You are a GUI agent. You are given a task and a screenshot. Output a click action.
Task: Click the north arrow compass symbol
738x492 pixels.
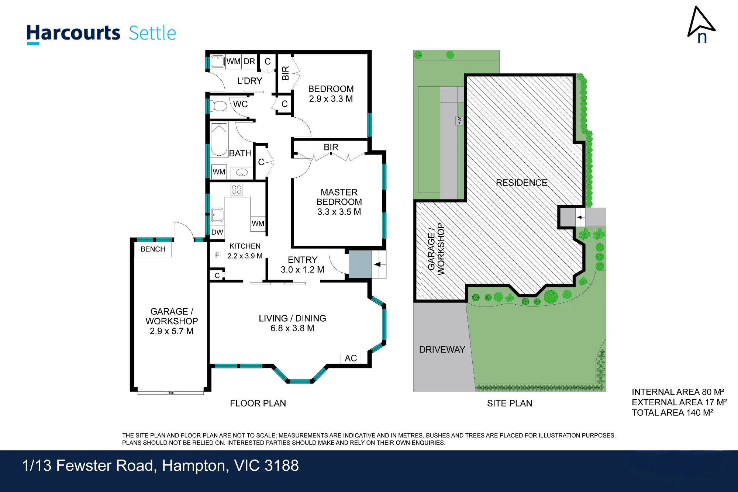click(701, 24)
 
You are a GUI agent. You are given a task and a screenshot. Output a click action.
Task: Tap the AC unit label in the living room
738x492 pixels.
click(351, 358)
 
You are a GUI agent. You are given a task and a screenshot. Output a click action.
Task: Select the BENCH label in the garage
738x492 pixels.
click(153, 249)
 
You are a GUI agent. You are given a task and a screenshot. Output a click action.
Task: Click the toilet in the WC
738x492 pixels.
click(218, 106)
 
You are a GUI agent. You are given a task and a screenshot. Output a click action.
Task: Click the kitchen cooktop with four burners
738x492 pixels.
click(237, 190)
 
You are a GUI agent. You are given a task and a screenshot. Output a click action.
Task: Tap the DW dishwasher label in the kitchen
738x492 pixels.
click(217, 232)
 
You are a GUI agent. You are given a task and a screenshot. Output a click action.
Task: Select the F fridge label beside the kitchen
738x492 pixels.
click(217, 255)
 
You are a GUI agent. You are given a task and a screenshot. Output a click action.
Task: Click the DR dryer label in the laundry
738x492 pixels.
click(249, 61)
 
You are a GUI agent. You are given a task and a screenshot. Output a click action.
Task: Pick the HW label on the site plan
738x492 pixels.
click(459, 121)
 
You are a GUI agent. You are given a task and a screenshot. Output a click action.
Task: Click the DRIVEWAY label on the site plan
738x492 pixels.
click(442, 350)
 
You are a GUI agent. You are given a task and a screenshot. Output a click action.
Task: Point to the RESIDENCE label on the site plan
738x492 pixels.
click(521, 183)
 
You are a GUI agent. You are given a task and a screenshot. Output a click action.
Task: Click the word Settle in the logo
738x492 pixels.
click(152, 33)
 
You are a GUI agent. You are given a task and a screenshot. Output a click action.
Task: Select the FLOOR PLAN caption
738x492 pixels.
click(258, 403)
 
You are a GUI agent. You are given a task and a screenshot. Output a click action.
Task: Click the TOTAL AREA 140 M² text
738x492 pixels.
click(672, 413)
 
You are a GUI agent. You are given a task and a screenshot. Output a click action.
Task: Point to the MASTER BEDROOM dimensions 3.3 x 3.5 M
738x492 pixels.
click(339, 212)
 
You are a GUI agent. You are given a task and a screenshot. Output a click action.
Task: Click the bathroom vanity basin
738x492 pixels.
click(242, 172)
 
